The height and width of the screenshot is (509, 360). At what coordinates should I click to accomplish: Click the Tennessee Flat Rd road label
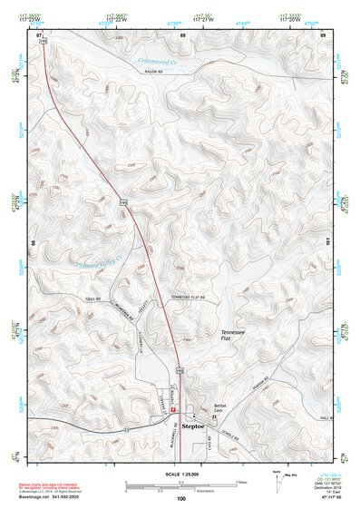pos(189,298)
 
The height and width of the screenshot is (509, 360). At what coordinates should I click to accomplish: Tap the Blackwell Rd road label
pos(170,439)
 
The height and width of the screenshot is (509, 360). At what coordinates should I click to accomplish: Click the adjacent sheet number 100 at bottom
pos(181,499)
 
